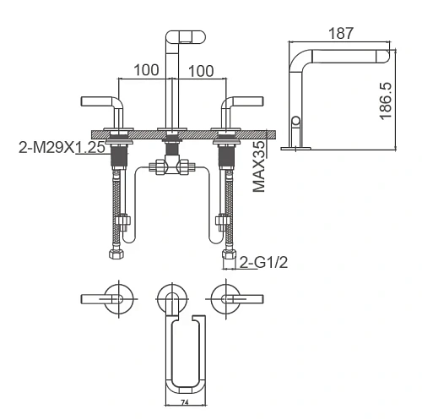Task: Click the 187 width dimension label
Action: [x=340, y=33]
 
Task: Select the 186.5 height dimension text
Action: [x=386, y=101]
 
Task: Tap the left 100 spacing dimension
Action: [x=146, y=70]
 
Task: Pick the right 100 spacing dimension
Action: [x=201, y=71]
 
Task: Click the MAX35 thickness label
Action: [x=259, y=166]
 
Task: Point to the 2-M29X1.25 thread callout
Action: [x=62, y=147]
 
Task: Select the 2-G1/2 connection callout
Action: [x=263, y=263]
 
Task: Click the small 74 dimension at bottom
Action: [x=185, y=403]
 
